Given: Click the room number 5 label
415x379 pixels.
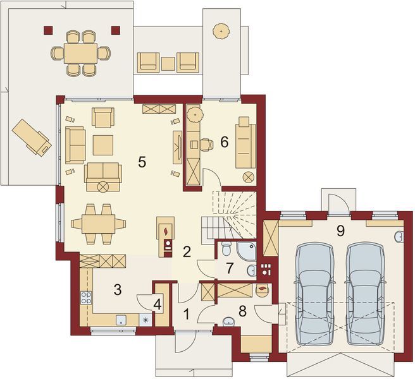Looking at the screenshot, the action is point(142,162).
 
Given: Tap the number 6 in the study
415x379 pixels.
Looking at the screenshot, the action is point(224,143).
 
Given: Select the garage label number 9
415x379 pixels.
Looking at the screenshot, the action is point(340,231).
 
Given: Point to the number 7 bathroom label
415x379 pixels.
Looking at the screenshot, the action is point(229,268).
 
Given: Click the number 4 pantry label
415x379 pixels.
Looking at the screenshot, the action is point(158,305).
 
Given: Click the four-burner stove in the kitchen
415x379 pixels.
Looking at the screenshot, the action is point(86,298).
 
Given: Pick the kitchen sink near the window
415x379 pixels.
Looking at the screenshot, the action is point(121,320).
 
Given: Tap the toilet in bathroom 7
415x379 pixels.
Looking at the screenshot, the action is point(226,248).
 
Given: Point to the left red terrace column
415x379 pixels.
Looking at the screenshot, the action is point(48,30).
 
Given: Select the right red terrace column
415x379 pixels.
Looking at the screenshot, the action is point(116,30).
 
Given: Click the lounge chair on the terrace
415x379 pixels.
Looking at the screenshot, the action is point(32,138).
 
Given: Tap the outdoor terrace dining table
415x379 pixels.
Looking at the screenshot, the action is point(80,53).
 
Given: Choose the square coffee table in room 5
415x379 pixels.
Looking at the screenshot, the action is point(103,145).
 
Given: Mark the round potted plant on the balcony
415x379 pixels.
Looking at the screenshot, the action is point(221,32).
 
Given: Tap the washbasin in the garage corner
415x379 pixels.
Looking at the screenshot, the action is point(399,236).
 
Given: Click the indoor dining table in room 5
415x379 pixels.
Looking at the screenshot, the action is point(99,224).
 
